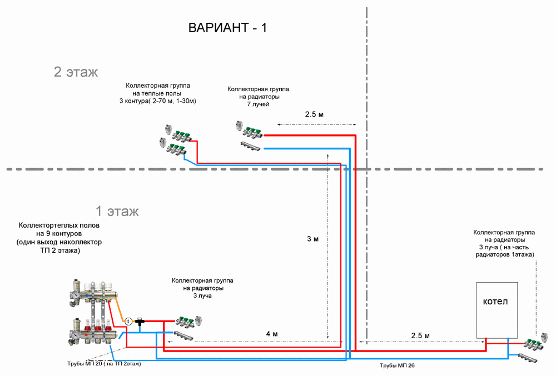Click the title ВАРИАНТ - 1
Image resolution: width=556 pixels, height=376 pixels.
227,28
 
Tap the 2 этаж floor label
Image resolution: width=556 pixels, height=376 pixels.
76,72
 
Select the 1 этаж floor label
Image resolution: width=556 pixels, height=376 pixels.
117,212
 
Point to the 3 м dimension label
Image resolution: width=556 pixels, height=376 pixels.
312,239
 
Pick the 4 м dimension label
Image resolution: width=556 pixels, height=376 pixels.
272,334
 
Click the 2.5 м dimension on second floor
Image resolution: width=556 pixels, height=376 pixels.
314,114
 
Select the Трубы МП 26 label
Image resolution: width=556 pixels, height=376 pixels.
398,366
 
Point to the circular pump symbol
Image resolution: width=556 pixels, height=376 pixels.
128,321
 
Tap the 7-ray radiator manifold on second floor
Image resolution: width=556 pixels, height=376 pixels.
250,137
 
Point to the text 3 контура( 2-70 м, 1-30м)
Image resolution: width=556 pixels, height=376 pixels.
158,101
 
